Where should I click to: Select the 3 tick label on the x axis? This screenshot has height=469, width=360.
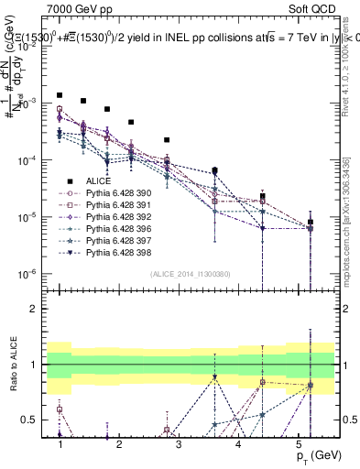(179, 443)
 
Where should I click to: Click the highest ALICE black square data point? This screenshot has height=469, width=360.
(60, 95)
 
